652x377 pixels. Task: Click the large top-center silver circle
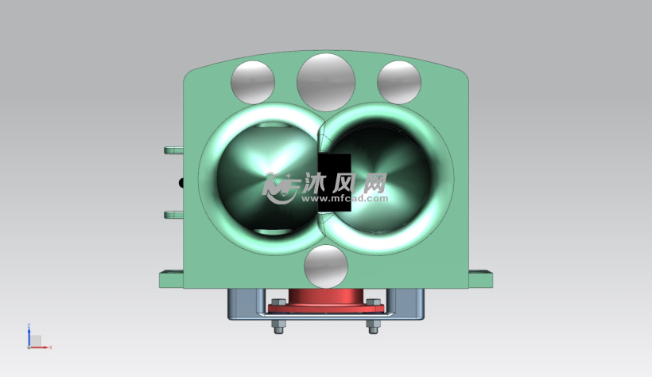pos(326,82)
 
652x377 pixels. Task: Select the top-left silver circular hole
pos(253,83)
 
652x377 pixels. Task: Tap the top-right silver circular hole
pos(399,83)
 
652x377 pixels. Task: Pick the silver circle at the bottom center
pos(326,266)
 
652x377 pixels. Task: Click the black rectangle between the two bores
pos(335,182)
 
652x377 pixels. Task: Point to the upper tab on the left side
pos(174,150)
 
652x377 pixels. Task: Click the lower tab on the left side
pos(174,215)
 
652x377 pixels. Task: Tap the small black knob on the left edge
pos(181,183)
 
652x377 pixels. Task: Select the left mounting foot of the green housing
pos(171,279)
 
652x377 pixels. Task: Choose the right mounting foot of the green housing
pos(481,279)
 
